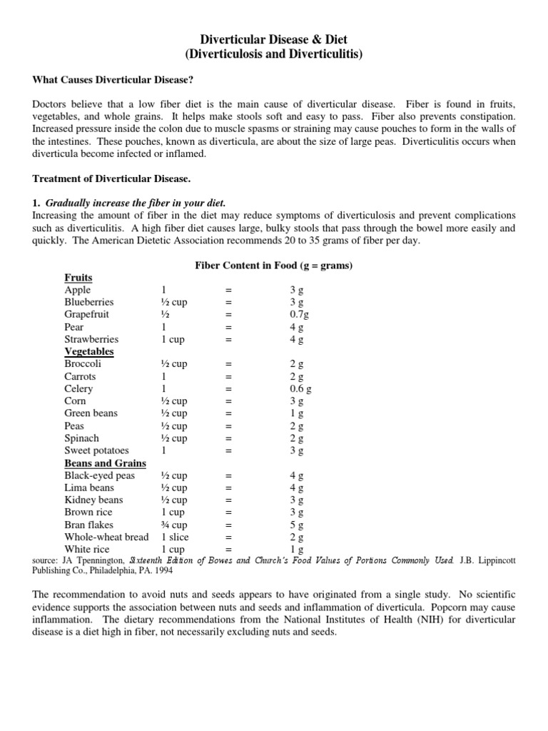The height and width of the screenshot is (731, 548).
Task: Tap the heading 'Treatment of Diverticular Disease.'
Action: point(108,178)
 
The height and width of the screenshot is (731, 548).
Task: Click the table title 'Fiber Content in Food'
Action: point(275,266)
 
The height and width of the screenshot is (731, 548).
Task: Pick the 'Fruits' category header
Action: point(78,278)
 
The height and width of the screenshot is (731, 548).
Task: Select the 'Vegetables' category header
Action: point(89,351)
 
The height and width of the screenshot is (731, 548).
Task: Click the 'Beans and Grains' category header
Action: point(105,463)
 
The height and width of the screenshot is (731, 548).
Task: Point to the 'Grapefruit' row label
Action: point(86,314)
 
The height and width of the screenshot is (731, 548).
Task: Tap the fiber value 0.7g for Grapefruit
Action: point(299,314)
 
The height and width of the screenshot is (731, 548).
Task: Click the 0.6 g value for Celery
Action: point(300,388)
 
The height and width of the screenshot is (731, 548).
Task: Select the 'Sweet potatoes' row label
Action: point(96,450)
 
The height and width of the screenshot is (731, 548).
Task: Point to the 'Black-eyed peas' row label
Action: point(99,475)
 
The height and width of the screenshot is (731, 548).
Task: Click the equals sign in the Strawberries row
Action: point(229,339)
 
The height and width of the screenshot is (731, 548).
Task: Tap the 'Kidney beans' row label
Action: point(93,500)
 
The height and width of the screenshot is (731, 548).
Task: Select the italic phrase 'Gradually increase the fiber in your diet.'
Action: point(136,203)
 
